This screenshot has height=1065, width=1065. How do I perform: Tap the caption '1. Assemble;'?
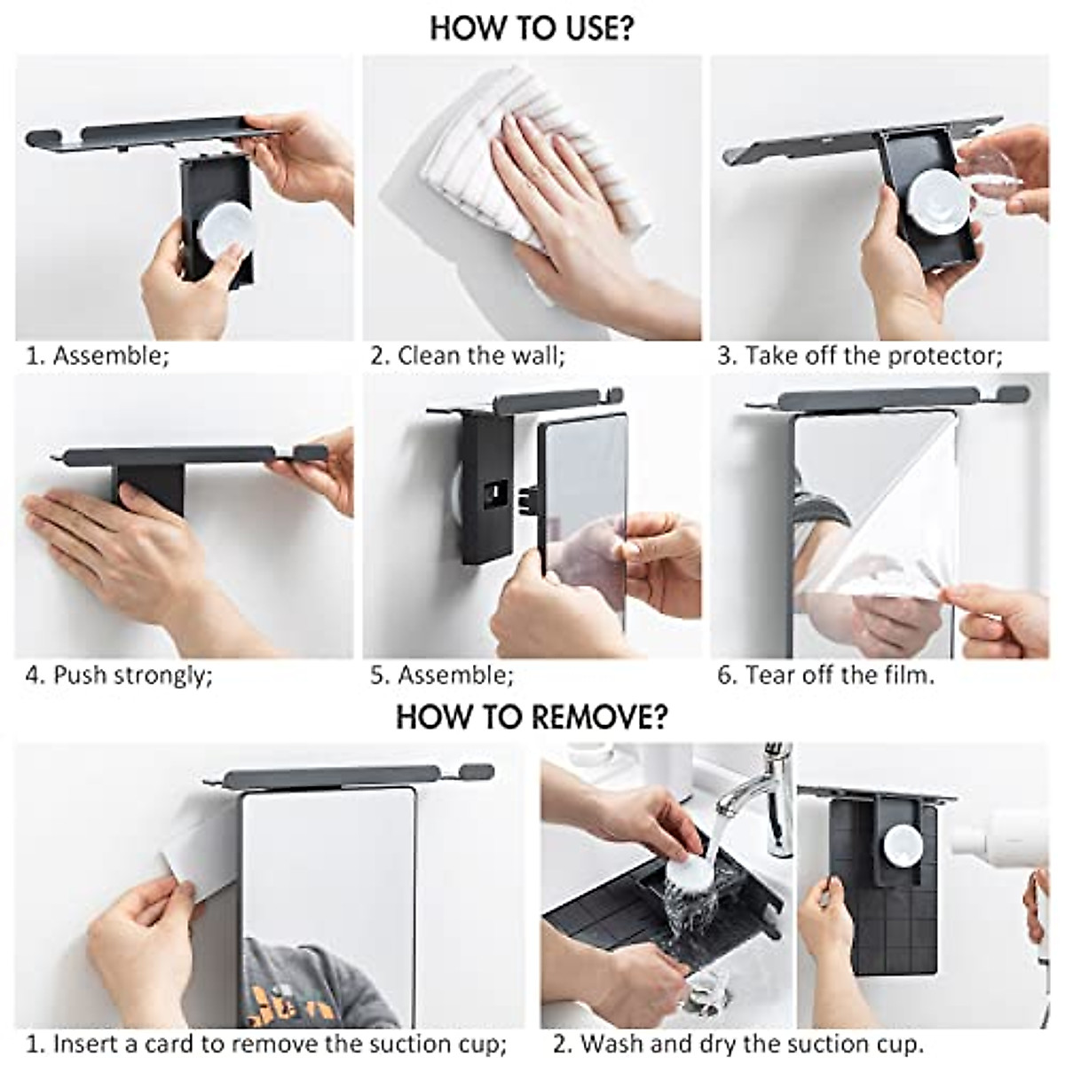[x=98, y=355]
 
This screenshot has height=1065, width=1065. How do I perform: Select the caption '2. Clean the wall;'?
[x=468, y=355]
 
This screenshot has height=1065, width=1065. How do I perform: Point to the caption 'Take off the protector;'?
[x=874, y=355]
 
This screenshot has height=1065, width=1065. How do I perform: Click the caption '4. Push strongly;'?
[x=119, y=674]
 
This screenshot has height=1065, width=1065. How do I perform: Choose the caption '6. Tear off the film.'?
[x=826, y=674]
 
